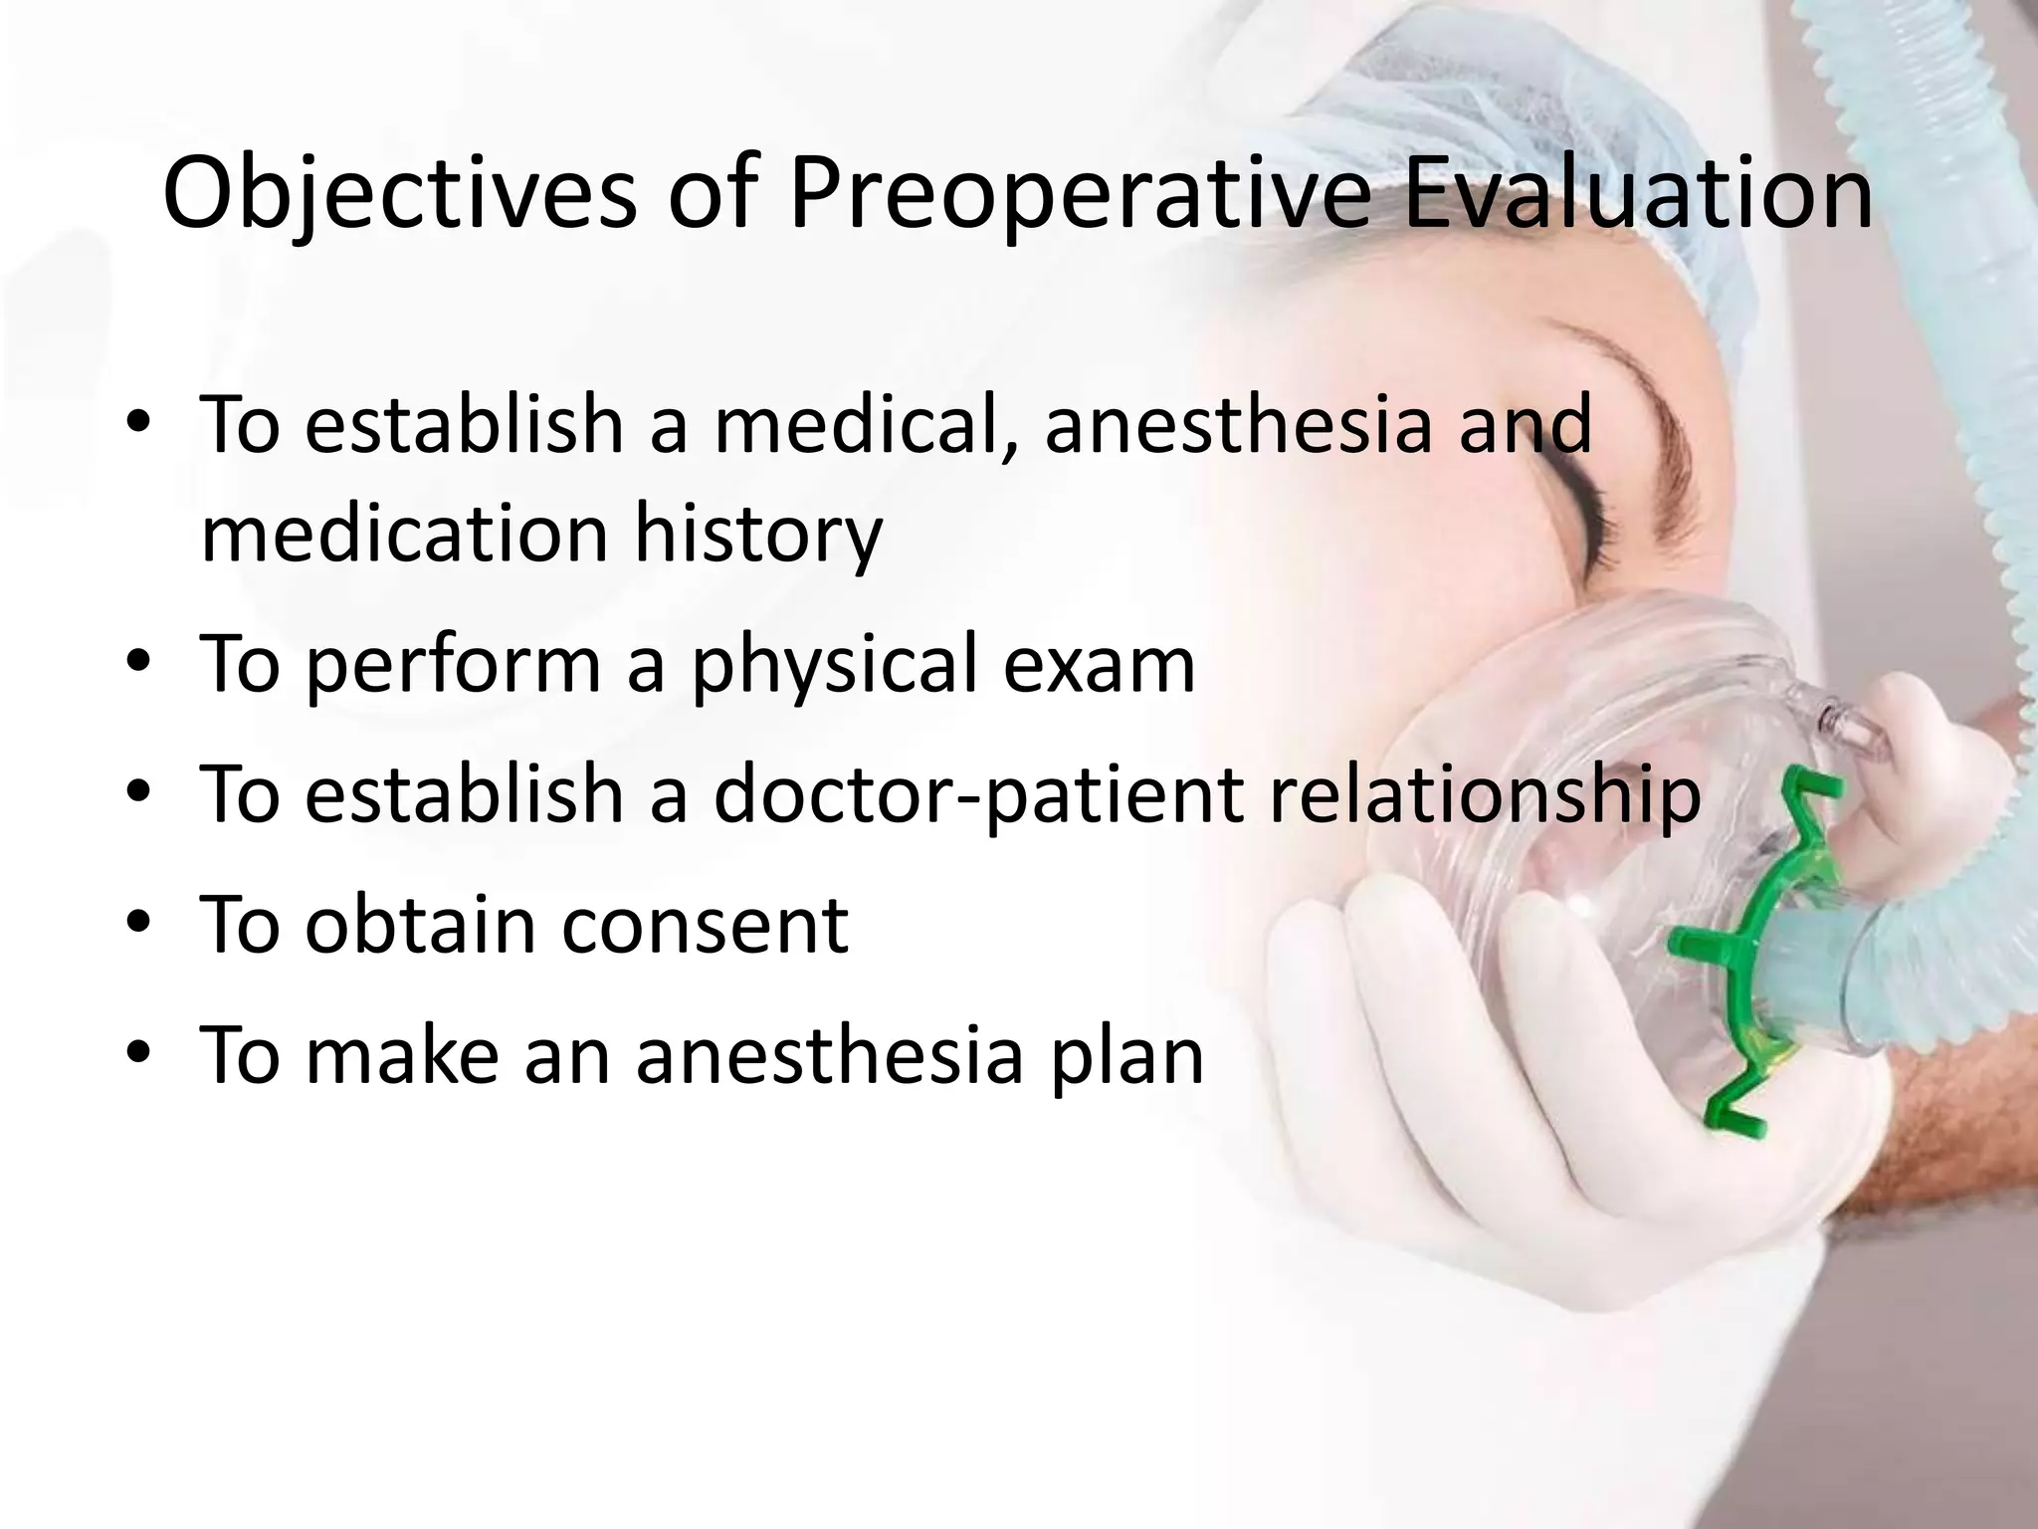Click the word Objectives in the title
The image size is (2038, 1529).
click(x=398, y=194)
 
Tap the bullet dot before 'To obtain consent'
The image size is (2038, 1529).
click(x=138, y=923)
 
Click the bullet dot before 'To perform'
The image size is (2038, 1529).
click(x=138, y=663)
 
